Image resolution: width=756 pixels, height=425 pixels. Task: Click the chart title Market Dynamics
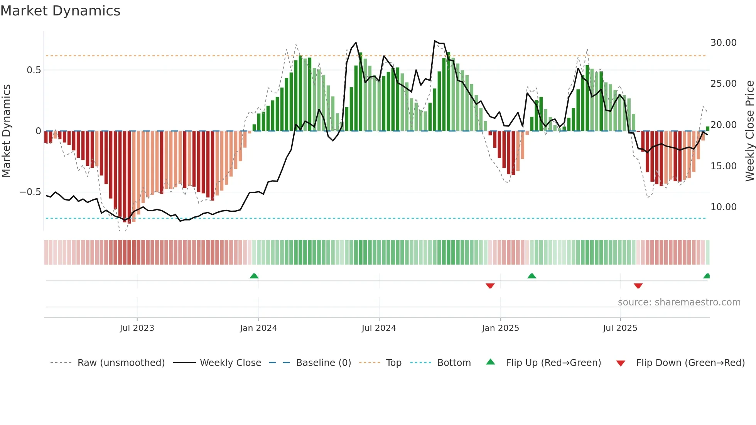coord(61,11)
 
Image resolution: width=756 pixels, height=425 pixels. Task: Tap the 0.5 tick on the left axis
coord(34,70)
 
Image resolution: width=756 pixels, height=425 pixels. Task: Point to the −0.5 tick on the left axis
coord(30,192)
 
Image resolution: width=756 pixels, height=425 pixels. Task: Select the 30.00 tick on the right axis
coord(723,43)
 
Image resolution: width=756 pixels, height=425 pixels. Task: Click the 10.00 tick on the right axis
coord(723,207)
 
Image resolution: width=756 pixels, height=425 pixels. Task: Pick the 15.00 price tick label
coord(723,166)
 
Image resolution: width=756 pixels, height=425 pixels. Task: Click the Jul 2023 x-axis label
coord(137,328)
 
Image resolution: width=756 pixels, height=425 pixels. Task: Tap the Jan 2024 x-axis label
coord(258,328)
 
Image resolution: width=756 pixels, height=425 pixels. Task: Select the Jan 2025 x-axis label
coord(500,328)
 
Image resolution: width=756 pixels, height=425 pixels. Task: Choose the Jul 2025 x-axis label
coord(620,328)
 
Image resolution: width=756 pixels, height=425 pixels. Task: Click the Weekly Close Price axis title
coord(749,131)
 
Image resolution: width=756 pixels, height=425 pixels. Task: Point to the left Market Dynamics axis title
coord(6,131)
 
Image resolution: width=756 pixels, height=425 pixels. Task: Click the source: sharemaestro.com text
coord(679,302)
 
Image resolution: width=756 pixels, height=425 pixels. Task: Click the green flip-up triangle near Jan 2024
coord(254,276)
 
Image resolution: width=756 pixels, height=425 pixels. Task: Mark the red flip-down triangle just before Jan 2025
coord(490,286)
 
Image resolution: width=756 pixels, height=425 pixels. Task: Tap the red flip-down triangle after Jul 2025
coord(638,286)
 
